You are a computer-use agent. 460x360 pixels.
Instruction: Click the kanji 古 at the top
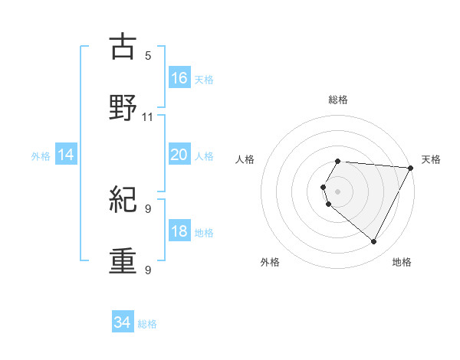click(123, 47)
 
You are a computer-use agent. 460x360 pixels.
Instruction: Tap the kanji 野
click(123, 108)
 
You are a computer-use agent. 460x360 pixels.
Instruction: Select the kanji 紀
click(123, 201)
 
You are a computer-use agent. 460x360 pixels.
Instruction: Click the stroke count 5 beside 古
click(148, 56)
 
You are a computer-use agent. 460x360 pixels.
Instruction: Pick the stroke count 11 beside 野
click(148, 117)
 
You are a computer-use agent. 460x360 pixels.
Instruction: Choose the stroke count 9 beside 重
click(148, 270)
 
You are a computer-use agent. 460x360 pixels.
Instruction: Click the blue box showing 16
click(179, 78)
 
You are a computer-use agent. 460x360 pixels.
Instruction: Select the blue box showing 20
click(179, 155)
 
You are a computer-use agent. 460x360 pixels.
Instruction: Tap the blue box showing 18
click(179, 231)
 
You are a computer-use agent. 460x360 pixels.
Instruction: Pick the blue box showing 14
click(66, 155)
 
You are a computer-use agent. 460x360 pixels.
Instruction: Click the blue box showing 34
click(123, 323)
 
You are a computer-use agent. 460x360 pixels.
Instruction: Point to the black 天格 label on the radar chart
click(431, 159)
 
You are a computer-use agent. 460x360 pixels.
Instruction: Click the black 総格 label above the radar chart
click(338, 100)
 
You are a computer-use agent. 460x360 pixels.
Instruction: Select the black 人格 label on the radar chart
click(245, 159)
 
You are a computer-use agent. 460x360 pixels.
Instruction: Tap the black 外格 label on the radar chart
click(270, 262)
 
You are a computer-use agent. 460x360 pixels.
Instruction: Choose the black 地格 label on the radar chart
click(402, 262)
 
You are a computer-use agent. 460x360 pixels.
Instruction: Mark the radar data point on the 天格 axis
click(411, 168)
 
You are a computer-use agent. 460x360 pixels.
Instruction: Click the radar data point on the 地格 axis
click(374, 242)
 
